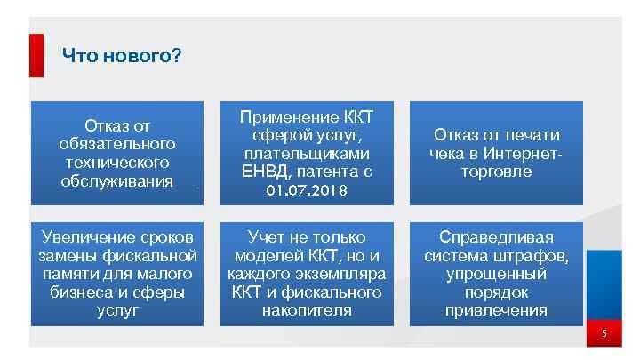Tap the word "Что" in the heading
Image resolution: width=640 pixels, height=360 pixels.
pos(78,57)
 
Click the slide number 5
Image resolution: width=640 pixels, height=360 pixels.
pos(604,334)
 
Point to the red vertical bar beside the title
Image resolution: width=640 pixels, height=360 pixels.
pos(36,55)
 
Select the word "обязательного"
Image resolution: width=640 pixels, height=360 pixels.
pos(117,143)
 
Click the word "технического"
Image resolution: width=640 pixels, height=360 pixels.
pos(117,163)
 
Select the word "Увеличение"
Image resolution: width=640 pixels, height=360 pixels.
pos(88,237)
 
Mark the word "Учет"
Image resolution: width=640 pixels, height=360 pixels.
pos(267,237)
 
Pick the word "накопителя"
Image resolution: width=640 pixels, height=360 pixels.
pos(308,311)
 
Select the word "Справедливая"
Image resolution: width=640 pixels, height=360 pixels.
pos(497,237)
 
